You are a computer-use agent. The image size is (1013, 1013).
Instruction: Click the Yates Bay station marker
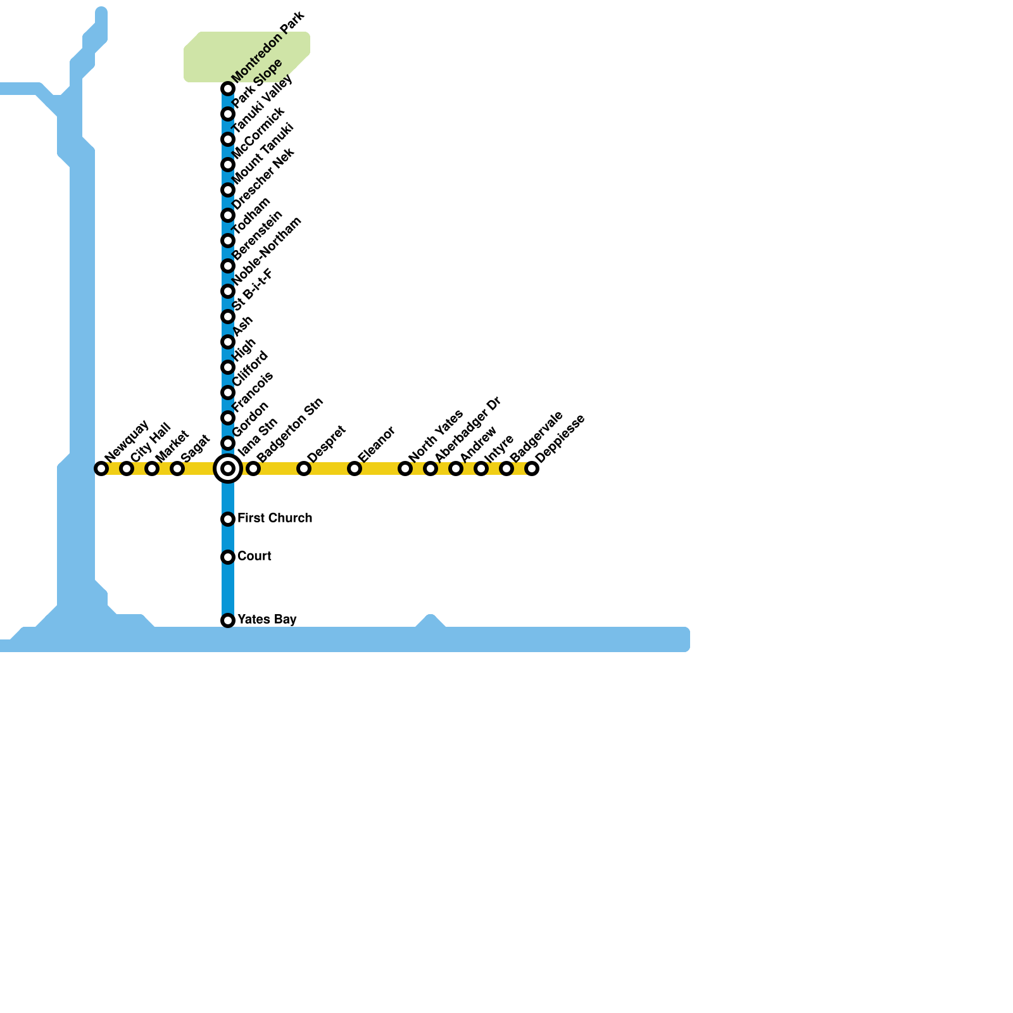pyautogui.click(x=228, y=620)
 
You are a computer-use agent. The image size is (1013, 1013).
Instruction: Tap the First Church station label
pyautogui.click(x=274, y=518)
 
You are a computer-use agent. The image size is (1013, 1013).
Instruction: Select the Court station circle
pyautogui.click(x=228, y=557)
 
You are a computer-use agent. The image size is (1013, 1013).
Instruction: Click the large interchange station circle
pyautogui.click(x=228, y=469)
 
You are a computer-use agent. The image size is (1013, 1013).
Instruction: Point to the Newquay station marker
pyautogui.click(x=101, y=469)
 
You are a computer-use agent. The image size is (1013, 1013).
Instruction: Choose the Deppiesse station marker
pyautogui.click(x=532, y=469)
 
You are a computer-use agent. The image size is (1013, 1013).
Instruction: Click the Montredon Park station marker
pyautogui.click(x=228, y=89)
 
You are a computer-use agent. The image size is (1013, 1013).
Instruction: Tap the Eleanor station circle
pyautogui.click(x=355, y=469)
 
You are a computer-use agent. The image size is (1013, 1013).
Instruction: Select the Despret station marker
pyautogui.click(x=304, y=469)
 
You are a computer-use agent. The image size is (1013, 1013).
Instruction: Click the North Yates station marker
pyautogui.click(x=405, y=469)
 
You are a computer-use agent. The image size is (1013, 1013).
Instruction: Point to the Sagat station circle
pyautogui.click(x=177, y=469)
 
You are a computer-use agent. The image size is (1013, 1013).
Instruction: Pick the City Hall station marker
pyautogui.click(x=127, y=469)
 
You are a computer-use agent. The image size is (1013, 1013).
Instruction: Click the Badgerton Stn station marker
pyautogui.click(x=253, y=469)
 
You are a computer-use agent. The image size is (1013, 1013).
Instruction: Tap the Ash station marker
pyautogui.click(x=228, y=342)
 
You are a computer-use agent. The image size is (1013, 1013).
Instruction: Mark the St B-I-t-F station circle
pyautogui.click(x=228, y=317)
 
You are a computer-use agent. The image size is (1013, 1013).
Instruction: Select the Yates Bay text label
pyautogui.click(x=267, y=619)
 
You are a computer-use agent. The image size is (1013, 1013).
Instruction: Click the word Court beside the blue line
pyautogui.click(x=254, y=556)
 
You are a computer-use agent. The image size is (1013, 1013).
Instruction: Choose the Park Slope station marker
pyautogui.click(x=228, y=114)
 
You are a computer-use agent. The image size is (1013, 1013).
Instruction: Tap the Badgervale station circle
pyautogui.click(x=507, y=469)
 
